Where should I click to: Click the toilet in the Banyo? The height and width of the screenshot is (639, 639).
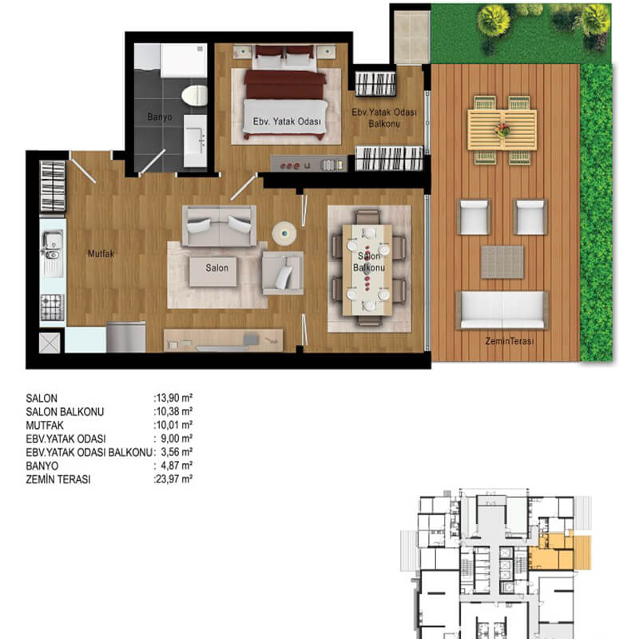194,95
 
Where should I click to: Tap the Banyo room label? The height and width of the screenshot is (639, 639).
159,117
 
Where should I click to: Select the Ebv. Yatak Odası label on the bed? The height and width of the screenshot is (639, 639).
287,121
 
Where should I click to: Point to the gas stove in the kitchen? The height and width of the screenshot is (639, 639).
53,307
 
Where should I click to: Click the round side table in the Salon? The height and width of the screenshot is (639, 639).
284,233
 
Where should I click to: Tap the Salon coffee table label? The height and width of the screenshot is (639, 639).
216,268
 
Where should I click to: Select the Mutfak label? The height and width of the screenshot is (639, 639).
101,253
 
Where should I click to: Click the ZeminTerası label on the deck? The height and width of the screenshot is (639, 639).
510,341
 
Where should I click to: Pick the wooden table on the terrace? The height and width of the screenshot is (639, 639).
502,130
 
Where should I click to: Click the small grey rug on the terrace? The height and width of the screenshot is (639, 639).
502,262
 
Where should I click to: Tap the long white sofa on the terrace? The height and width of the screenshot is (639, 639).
502,310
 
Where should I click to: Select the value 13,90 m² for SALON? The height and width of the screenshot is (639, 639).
174,398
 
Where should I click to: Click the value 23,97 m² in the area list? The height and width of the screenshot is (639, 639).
174,478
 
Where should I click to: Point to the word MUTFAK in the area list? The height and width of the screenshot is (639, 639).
45,426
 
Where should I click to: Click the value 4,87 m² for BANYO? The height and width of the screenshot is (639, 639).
177,466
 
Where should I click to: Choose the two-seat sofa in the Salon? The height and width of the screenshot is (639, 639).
219,226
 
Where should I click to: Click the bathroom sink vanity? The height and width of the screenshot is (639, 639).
195,141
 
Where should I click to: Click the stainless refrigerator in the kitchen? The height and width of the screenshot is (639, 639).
126,337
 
